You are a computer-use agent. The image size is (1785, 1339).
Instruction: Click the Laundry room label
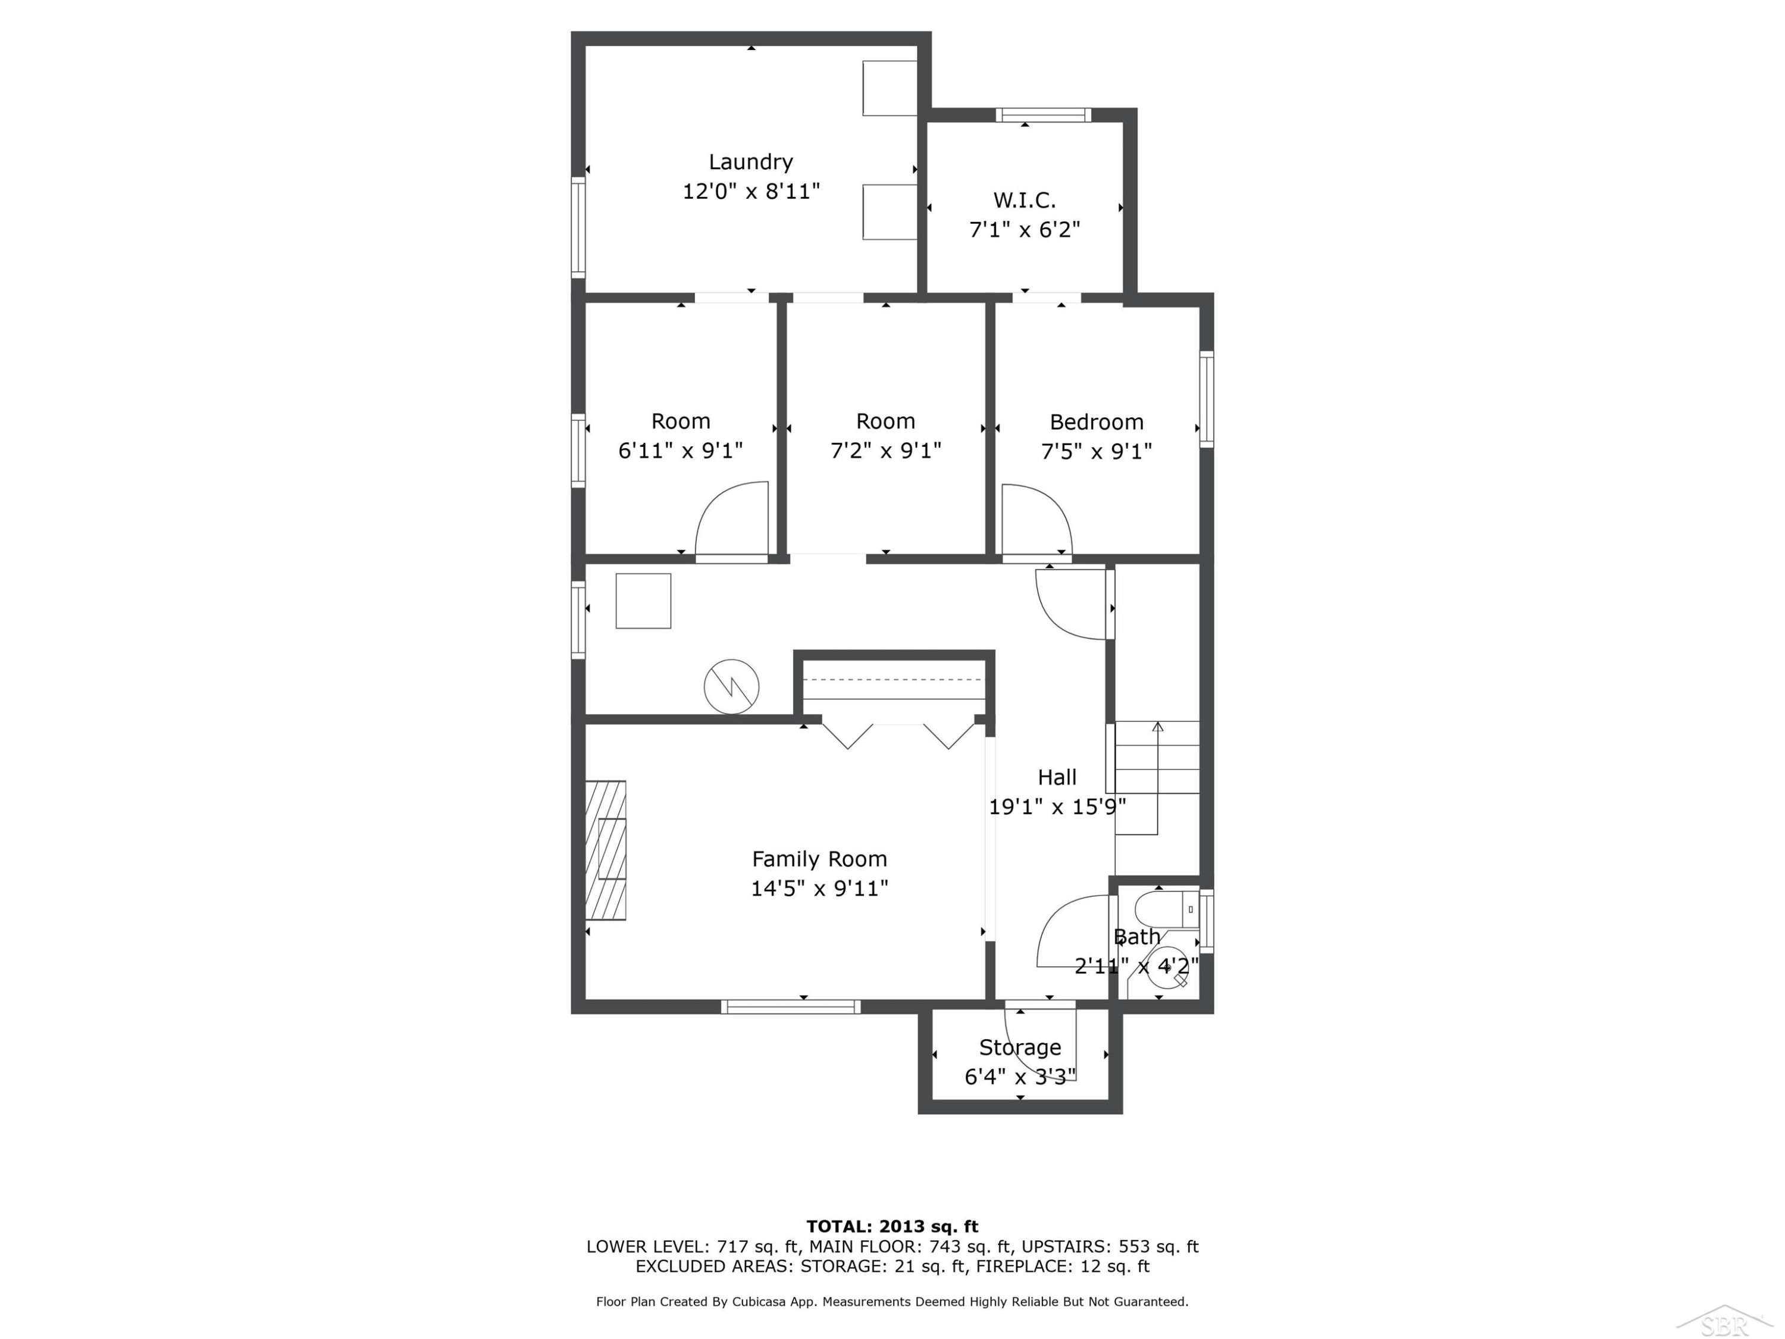(750, 162)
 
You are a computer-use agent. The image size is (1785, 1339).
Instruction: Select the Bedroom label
(1096, 421)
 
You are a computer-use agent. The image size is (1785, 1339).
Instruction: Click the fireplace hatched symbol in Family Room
(605, 850)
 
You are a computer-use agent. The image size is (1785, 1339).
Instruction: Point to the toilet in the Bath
(1166, 909)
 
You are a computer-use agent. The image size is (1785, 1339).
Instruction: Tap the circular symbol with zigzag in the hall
(731, 687)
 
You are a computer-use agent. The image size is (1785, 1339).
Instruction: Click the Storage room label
(1020, 1047)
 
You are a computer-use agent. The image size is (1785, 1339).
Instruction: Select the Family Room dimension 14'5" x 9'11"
(819, 889)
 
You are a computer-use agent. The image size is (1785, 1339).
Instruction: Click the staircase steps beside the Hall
(1157, 778)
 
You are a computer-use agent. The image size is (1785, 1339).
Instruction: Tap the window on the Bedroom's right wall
(1207, 399)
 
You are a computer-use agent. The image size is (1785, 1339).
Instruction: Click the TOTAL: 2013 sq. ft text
(892, 1227)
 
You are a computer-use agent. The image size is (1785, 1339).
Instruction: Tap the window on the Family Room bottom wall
(791, 1006)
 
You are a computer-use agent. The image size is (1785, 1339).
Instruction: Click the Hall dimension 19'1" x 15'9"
(1057, 806)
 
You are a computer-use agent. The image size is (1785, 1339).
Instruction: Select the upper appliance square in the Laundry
(890, 88)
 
